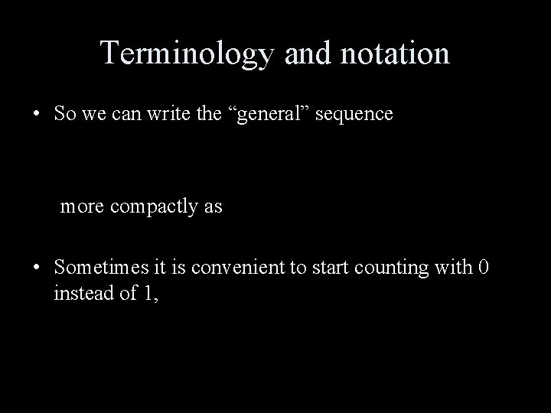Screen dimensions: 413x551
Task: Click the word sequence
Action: pyautogui.click(x=355, y=115)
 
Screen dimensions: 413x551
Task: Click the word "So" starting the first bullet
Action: pyautogui.click(x=64, y=115)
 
